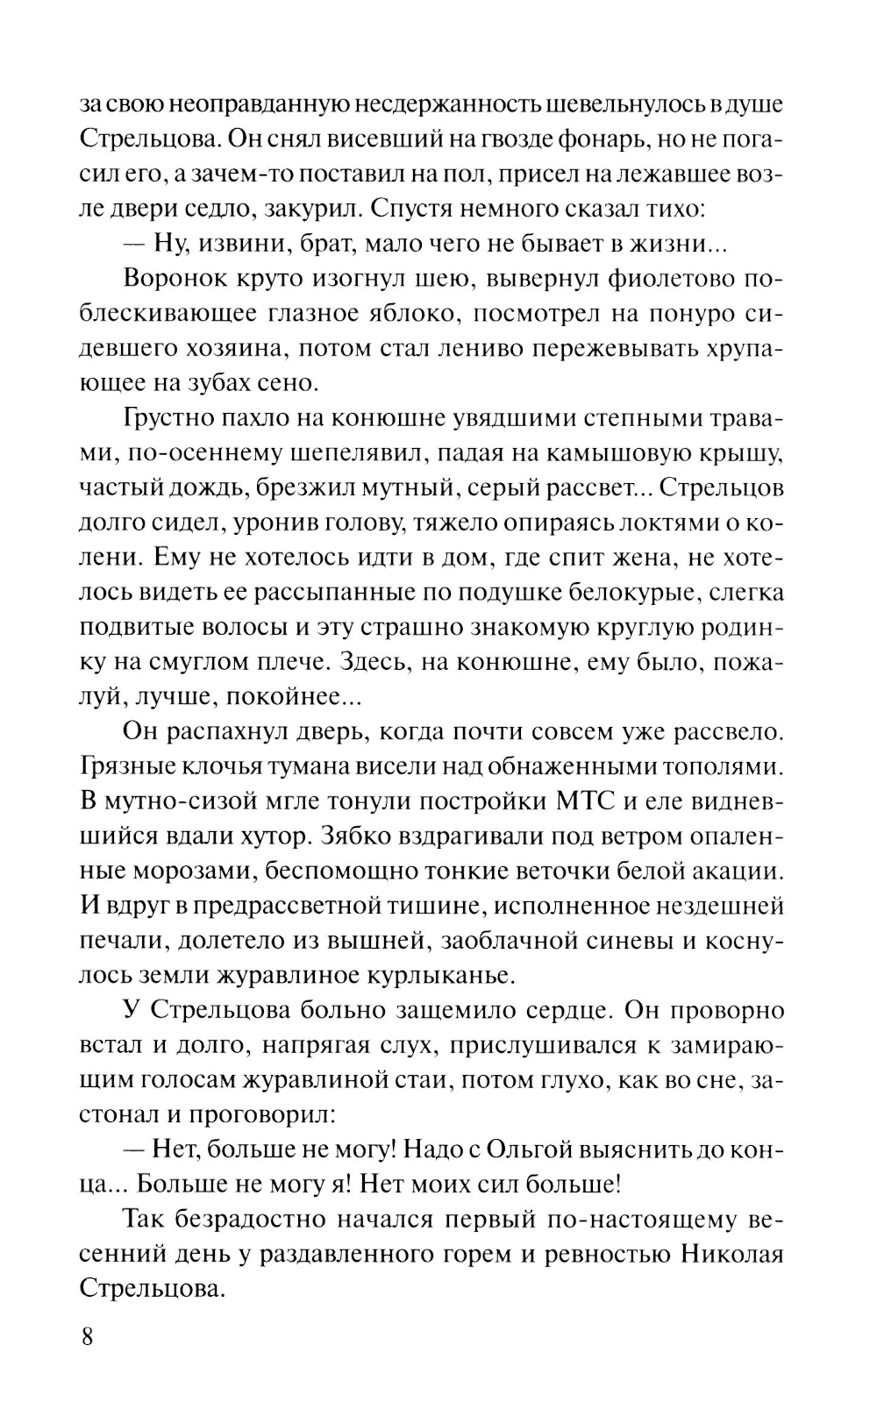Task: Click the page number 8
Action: pos(87,1338)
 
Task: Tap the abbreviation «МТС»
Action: pos(588,801)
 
